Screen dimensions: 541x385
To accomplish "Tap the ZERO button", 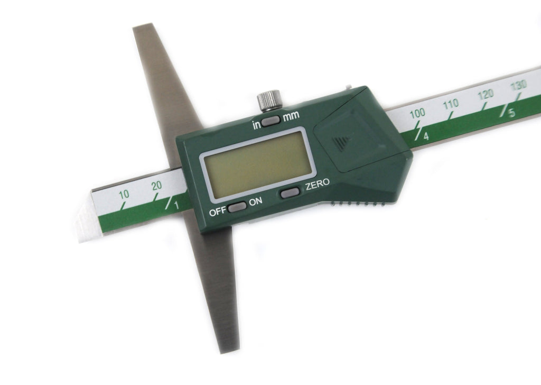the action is (290, 192).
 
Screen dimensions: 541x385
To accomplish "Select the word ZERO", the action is (318, 184).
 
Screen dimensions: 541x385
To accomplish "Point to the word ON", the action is (256, 201).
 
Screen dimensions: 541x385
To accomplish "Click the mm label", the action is (291, 116).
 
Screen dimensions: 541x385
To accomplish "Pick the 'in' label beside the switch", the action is (256, 125).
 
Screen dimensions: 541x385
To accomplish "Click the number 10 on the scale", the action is (124, 195).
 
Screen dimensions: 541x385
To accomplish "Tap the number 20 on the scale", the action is (156, 186).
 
